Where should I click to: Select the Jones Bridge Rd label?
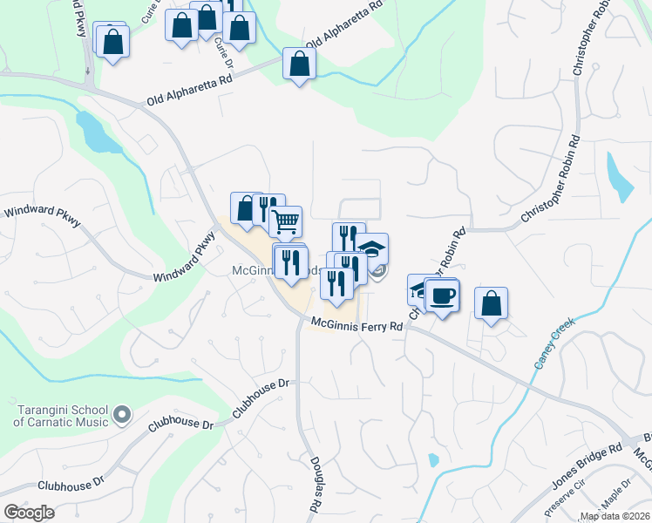[587, 466]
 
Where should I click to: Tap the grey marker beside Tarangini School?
[122, 413]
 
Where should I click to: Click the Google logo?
[29, 513]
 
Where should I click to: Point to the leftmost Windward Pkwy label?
[44, 216]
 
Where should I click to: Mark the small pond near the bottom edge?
[433, 459]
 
